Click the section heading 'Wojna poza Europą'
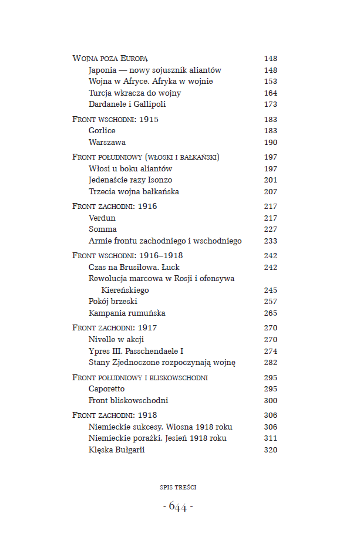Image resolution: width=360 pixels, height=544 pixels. tap(110, 59)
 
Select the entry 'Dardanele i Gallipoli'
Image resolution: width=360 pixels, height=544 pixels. tap(127, 104)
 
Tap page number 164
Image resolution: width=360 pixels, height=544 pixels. tap(270, 93)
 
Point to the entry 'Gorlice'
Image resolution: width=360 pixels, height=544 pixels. tap(102, 131)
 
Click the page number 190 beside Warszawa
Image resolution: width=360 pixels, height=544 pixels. tap(270, 143)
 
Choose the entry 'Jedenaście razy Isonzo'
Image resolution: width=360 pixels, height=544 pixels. tap(130, 180)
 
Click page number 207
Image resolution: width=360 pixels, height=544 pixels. tap(270, 192)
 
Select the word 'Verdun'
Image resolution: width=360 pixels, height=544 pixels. tap(102, 218)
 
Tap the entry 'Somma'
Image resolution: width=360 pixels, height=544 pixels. tap(103, 229)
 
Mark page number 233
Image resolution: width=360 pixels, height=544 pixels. tap(270, 241)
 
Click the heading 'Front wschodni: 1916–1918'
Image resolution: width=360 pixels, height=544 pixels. tap(127, 256)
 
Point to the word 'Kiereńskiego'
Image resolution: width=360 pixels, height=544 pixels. tap(125, 290)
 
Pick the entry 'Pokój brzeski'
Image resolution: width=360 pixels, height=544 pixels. tap(113, 302)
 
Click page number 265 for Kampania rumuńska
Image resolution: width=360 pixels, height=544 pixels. tap(270, 313)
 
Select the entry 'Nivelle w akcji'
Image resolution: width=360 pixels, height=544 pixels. tap(116, 340)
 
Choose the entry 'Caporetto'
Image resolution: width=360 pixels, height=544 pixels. tap(107, 389)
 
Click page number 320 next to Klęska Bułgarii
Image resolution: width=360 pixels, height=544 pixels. tap(270, 450)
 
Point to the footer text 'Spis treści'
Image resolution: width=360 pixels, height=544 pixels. tap(178, 487)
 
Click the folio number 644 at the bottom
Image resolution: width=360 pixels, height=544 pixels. tap(178, 506)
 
